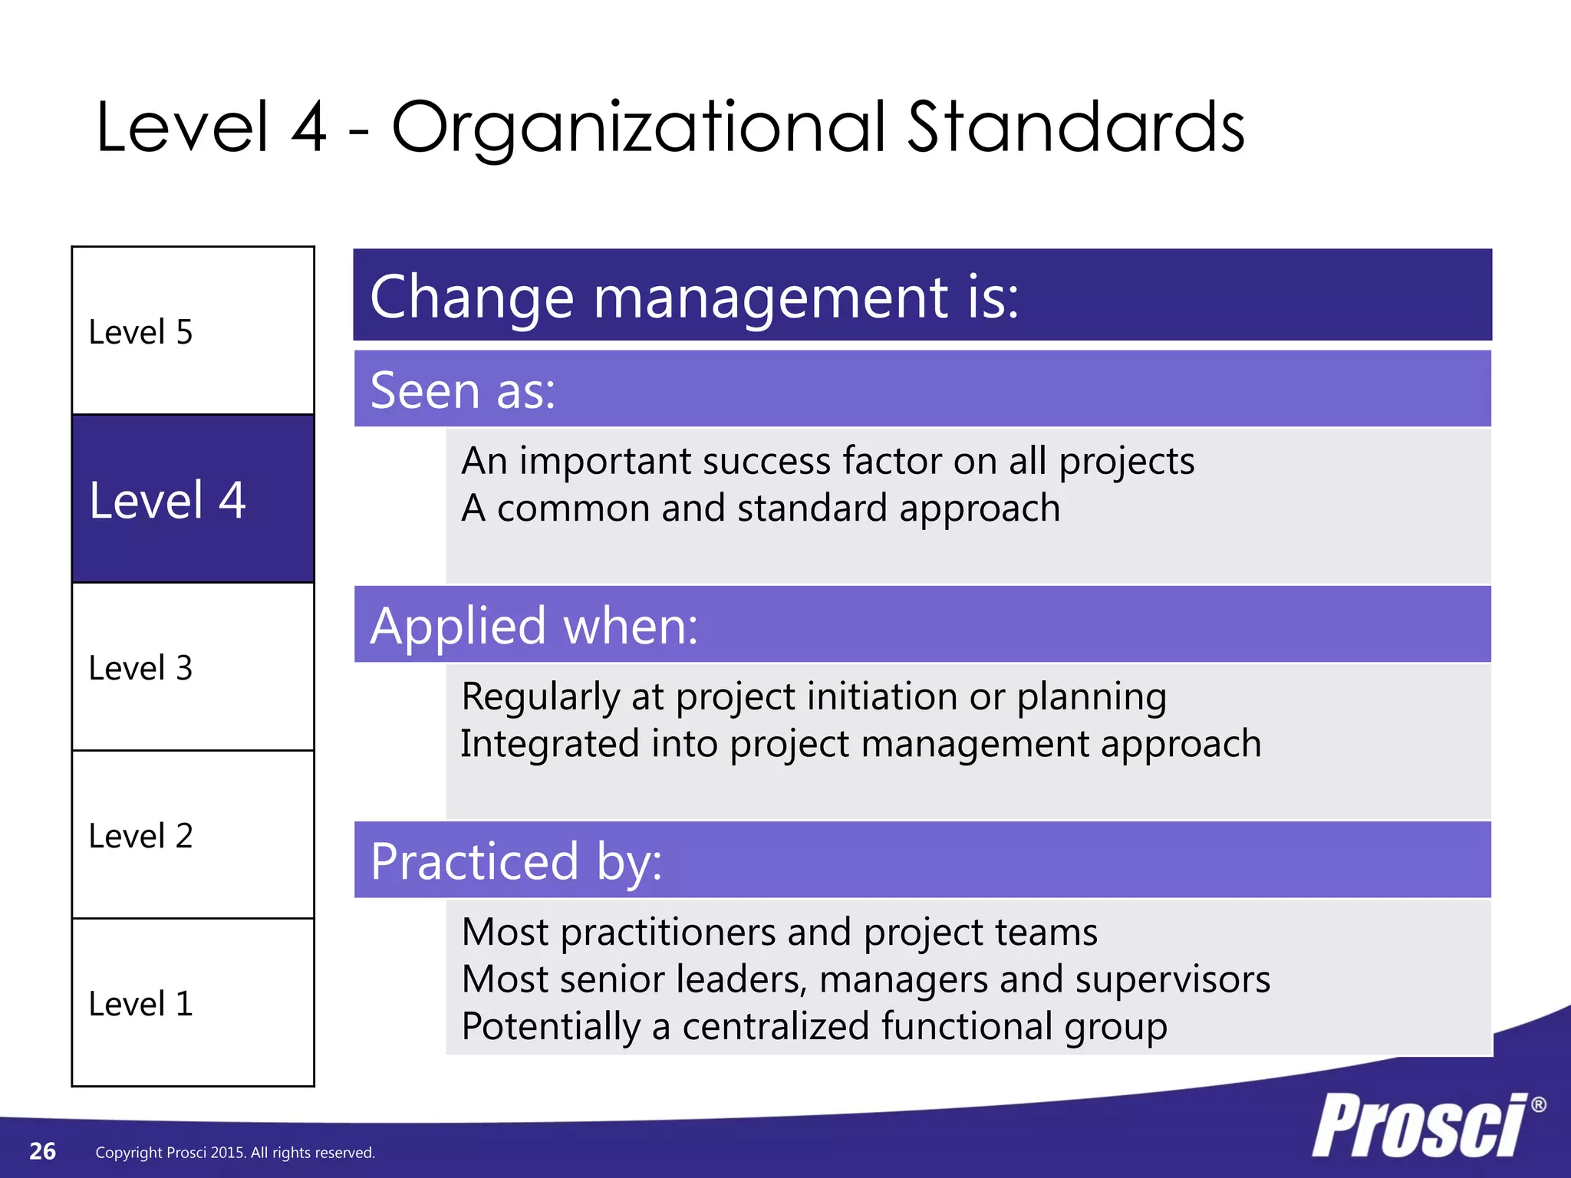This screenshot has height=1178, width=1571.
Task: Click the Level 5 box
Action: coord(193,331)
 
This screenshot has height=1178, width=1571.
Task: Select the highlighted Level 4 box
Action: coord(193,499)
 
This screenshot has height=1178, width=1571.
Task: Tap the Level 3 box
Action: coord(193,667)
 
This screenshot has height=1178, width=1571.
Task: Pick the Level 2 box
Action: coord(193,835)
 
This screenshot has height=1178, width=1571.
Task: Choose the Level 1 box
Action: coord(193,1003)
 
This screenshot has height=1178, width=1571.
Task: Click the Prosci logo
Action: coord(1419,1126)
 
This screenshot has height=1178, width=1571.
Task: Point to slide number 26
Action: coord(42,1151)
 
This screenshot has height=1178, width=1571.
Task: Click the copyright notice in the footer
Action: coord(235,1153)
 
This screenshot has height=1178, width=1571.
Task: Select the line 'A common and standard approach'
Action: coord(760,508)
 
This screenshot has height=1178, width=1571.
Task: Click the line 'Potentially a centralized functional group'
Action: coord(814,1026)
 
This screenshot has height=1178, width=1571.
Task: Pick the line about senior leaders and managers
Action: coord(865,979)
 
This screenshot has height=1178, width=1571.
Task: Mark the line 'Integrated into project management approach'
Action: coord(861,744)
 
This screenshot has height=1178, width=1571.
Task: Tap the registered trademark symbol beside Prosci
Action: coord(1538,1104)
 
